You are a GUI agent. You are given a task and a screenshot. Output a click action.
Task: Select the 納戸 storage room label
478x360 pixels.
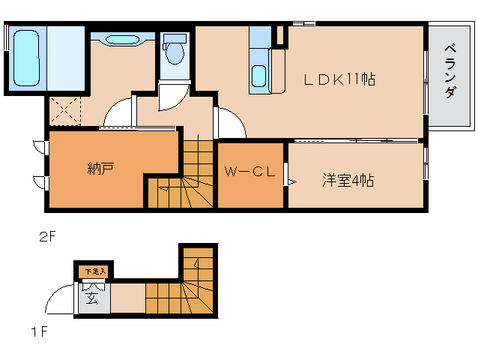[x=100, y=168]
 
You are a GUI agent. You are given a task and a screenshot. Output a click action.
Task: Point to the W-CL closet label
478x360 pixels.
[x=250, y=172]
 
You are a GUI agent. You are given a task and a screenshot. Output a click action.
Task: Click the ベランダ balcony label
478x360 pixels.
[x=450, y=71]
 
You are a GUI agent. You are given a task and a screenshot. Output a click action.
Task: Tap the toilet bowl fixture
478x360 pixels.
[x=175, y=52]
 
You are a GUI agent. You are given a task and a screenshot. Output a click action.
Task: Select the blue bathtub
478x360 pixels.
[x=26, y=57]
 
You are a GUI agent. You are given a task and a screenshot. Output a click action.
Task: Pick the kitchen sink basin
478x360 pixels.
[x=258, y=76]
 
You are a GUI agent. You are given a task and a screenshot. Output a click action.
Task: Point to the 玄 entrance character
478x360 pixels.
[x=91, y=298]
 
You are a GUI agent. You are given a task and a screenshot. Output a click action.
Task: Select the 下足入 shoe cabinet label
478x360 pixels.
[x=94, y=271]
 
